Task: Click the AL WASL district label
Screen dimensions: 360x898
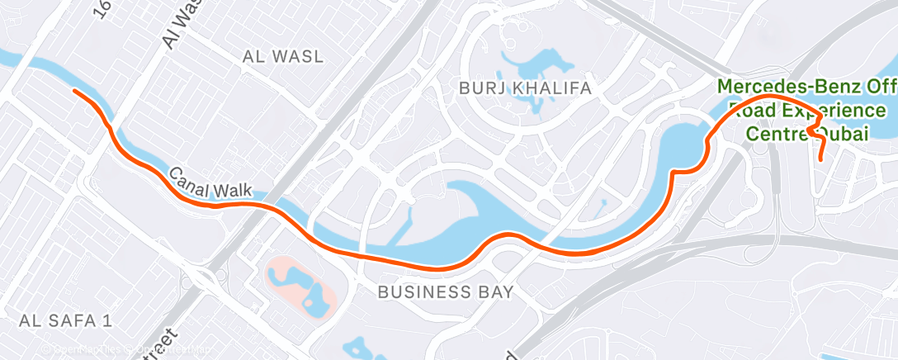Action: (283, 56)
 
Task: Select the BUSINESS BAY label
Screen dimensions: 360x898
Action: (446, 291)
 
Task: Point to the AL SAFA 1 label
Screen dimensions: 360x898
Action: (65, 320)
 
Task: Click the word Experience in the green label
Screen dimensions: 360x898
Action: (833, 110)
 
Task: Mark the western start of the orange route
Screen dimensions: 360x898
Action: (75, 91)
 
